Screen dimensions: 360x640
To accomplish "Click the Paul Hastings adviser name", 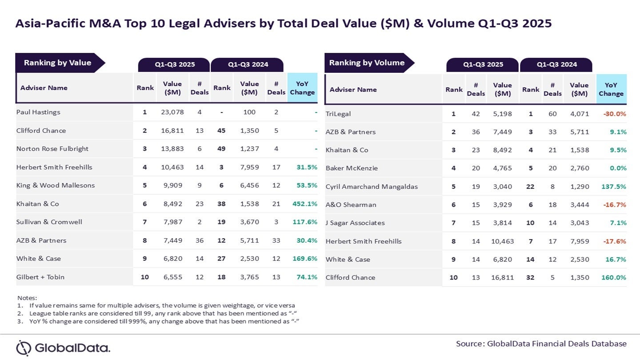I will coord(38,112).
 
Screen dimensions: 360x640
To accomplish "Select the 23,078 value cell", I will coord(172,112).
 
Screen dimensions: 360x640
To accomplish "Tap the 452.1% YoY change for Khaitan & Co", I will coord(304,204).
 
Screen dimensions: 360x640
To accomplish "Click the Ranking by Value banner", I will coord(58,63).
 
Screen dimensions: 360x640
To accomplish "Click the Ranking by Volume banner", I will coord(367,63).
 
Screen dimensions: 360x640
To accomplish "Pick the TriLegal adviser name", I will coord(338,114).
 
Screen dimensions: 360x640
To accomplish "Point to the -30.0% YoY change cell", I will coord(614,114).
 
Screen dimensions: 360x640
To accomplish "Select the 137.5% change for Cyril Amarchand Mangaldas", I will coord(613,187).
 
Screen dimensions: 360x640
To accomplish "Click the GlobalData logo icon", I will coord(24,348).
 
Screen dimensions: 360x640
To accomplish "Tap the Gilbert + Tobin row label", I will coord(40,277).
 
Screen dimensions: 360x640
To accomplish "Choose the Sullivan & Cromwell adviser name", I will coord(49,222).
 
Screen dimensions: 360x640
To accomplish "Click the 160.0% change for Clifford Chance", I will coord(613,277).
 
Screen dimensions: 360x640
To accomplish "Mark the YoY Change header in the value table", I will coord(302,88).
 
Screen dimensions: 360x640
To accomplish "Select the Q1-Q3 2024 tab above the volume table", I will coord(556,64).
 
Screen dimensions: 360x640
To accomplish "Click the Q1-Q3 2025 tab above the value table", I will coord(175,64).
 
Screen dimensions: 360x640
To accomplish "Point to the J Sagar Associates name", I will coord(355,223).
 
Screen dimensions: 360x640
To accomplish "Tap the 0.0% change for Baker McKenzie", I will coord(618,168).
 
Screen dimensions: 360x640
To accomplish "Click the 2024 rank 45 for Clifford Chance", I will coord(221,131).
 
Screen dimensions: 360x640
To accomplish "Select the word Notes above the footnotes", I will coord(27,298).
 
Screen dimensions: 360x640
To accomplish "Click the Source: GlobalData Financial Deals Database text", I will coord(541,344).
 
